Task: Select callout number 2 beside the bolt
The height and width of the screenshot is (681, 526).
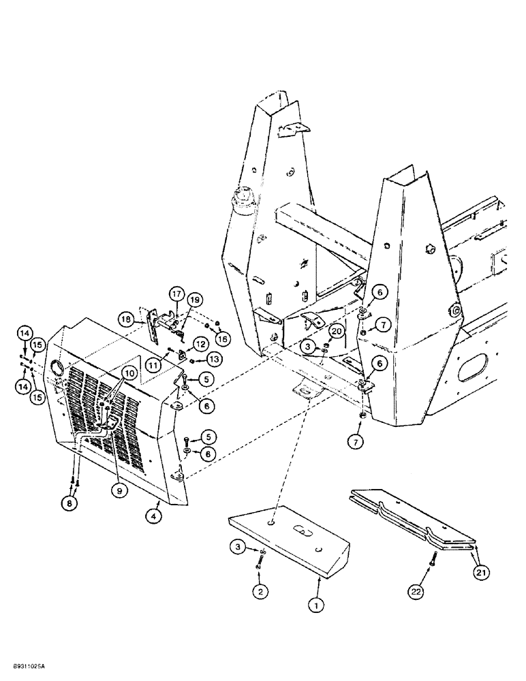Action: pos(260,592)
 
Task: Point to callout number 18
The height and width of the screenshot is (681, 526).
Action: pos(125,319)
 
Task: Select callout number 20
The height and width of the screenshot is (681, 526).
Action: pos(336,330)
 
